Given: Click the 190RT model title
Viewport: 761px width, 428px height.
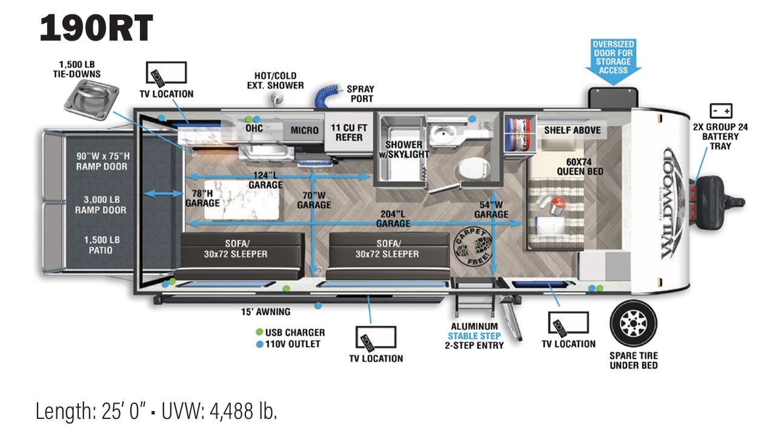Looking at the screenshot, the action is (96, 28).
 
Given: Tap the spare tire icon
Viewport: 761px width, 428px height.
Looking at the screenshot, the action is (633, 323).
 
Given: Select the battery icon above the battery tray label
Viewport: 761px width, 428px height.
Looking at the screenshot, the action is (721, 111).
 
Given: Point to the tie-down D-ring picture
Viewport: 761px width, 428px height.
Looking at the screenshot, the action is (91, 98).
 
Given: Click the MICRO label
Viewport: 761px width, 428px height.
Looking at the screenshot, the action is (304, 130).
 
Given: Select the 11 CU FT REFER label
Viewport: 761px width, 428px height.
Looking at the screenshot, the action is (349, 133).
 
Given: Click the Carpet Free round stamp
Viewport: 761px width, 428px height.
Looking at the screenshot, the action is (473, 247).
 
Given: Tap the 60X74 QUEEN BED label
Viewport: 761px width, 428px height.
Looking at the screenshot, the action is (580, 167).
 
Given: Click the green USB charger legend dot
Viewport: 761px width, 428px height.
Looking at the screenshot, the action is (259, 332).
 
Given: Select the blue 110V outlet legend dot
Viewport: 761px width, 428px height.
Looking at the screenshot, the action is (259, 344).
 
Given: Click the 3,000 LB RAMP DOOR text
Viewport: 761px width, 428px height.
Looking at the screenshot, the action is (101, 205).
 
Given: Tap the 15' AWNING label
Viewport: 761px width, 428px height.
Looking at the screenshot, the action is (265, 312).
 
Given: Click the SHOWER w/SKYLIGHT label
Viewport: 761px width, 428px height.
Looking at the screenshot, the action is (404, 149).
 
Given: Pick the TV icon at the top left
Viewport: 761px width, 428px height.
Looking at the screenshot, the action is (166, 73).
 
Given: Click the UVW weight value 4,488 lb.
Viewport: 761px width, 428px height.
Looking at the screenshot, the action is (243, 411).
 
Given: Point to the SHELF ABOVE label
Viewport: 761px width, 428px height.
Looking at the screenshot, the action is (572, 130).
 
